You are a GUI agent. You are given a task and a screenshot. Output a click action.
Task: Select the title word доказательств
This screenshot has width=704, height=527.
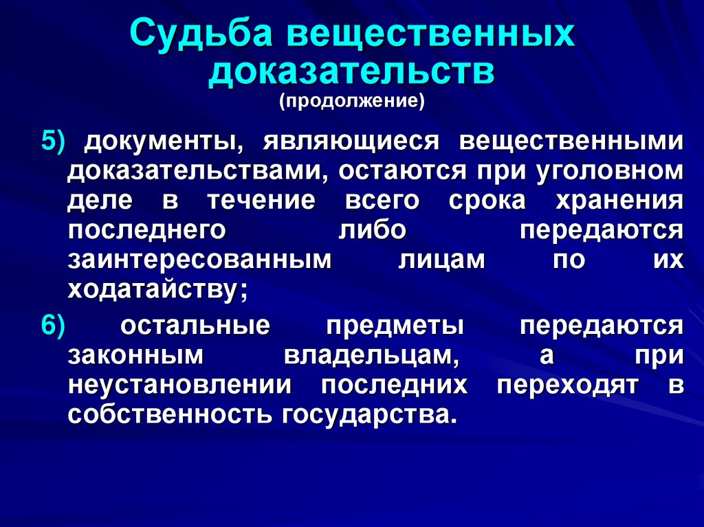tap(352, 71)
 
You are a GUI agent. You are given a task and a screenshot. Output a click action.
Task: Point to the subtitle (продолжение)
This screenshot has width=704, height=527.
tap(352, 102)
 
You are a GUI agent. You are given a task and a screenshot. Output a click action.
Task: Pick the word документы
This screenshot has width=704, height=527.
tap(163, 141)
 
